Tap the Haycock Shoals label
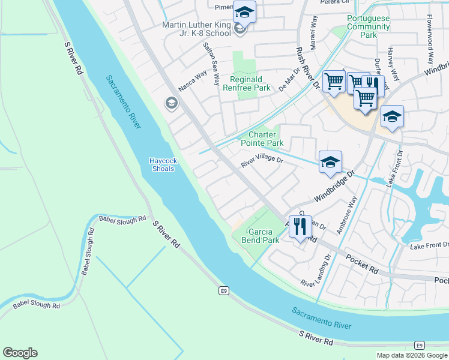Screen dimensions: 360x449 coord(162,164)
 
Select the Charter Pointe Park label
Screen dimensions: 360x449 coord(262,139)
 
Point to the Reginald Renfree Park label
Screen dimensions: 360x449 coord(250,83)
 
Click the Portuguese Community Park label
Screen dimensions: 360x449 coord(369,26)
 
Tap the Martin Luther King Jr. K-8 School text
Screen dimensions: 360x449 coord(196,29)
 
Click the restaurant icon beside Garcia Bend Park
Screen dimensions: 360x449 coord(301,226)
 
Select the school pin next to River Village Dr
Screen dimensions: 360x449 coord(330,162)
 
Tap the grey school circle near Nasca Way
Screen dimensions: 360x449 coord(171,104)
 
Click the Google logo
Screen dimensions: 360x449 coord(20,353)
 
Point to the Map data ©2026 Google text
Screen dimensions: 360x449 coord(412,355)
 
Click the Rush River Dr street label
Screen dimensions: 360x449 coord(306,68)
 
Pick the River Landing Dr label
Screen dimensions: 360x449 coord(316,272)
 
